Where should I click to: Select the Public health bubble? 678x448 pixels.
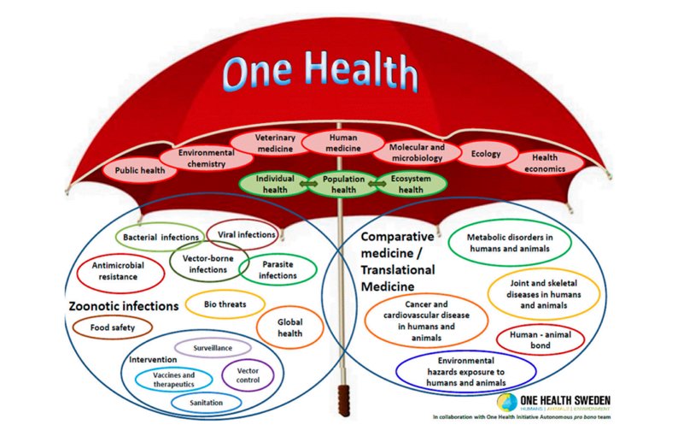[x=140, y=170]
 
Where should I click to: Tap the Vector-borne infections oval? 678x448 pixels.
[x=209, y=263]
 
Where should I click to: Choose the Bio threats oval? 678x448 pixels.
[x=225, y=304]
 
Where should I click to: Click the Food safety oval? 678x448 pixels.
[x=113, y=327]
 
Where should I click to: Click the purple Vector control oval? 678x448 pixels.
[x=248, y=374]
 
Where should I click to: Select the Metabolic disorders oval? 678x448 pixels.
[x=509, y=242]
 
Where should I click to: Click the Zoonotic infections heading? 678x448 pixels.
[x=125, y=305]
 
